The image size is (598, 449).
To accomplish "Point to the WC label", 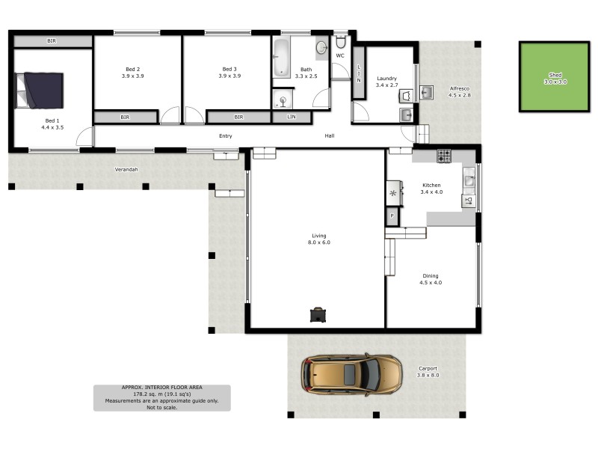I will click(339, 56).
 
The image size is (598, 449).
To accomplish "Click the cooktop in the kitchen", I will click(444, 156).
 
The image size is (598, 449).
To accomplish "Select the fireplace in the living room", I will click(318, 314).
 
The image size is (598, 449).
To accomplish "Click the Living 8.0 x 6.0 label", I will click(319, 239).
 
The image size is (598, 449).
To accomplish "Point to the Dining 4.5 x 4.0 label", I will click(430, 279).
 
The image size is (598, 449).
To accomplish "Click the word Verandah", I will click(126, 170).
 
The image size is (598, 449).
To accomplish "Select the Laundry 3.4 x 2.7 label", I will click(386, 82).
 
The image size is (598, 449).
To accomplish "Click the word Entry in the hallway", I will click(225, 136).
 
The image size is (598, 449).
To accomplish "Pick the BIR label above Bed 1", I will click(52, 40).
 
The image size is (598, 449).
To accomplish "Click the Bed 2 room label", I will click(133, 73).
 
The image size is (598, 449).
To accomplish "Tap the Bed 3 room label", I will click(229, 73).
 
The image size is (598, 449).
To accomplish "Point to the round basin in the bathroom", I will click(321, 48).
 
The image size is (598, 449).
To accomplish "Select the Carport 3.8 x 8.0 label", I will click(428, 370).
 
